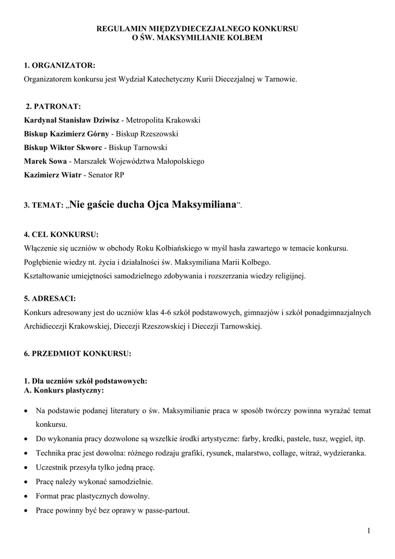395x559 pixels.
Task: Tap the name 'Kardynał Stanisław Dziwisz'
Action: click(x=71, y=120)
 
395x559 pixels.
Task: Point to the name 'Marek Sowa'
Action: click(x=45, y=161)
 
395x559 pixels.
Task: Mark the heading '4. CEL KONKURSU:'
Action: click(x=61, y=235)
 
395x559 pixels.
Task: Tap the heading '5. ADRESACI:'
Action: click(x=50, y=299)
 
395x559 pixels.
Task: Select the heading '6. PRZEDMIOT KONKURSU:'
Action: click(x=77, y=354)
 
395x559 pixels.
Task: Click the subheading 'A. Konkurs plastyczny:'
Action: click(x=64, y=391)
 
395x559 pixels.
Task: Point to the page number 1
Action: click(x=369, y=531)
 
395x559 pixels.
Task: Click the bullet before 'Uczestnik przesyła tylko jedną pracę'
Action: click(x=27, y=468)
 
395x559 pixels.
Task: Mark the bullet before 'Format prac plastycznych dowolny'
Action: click(x=27, y=496)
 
